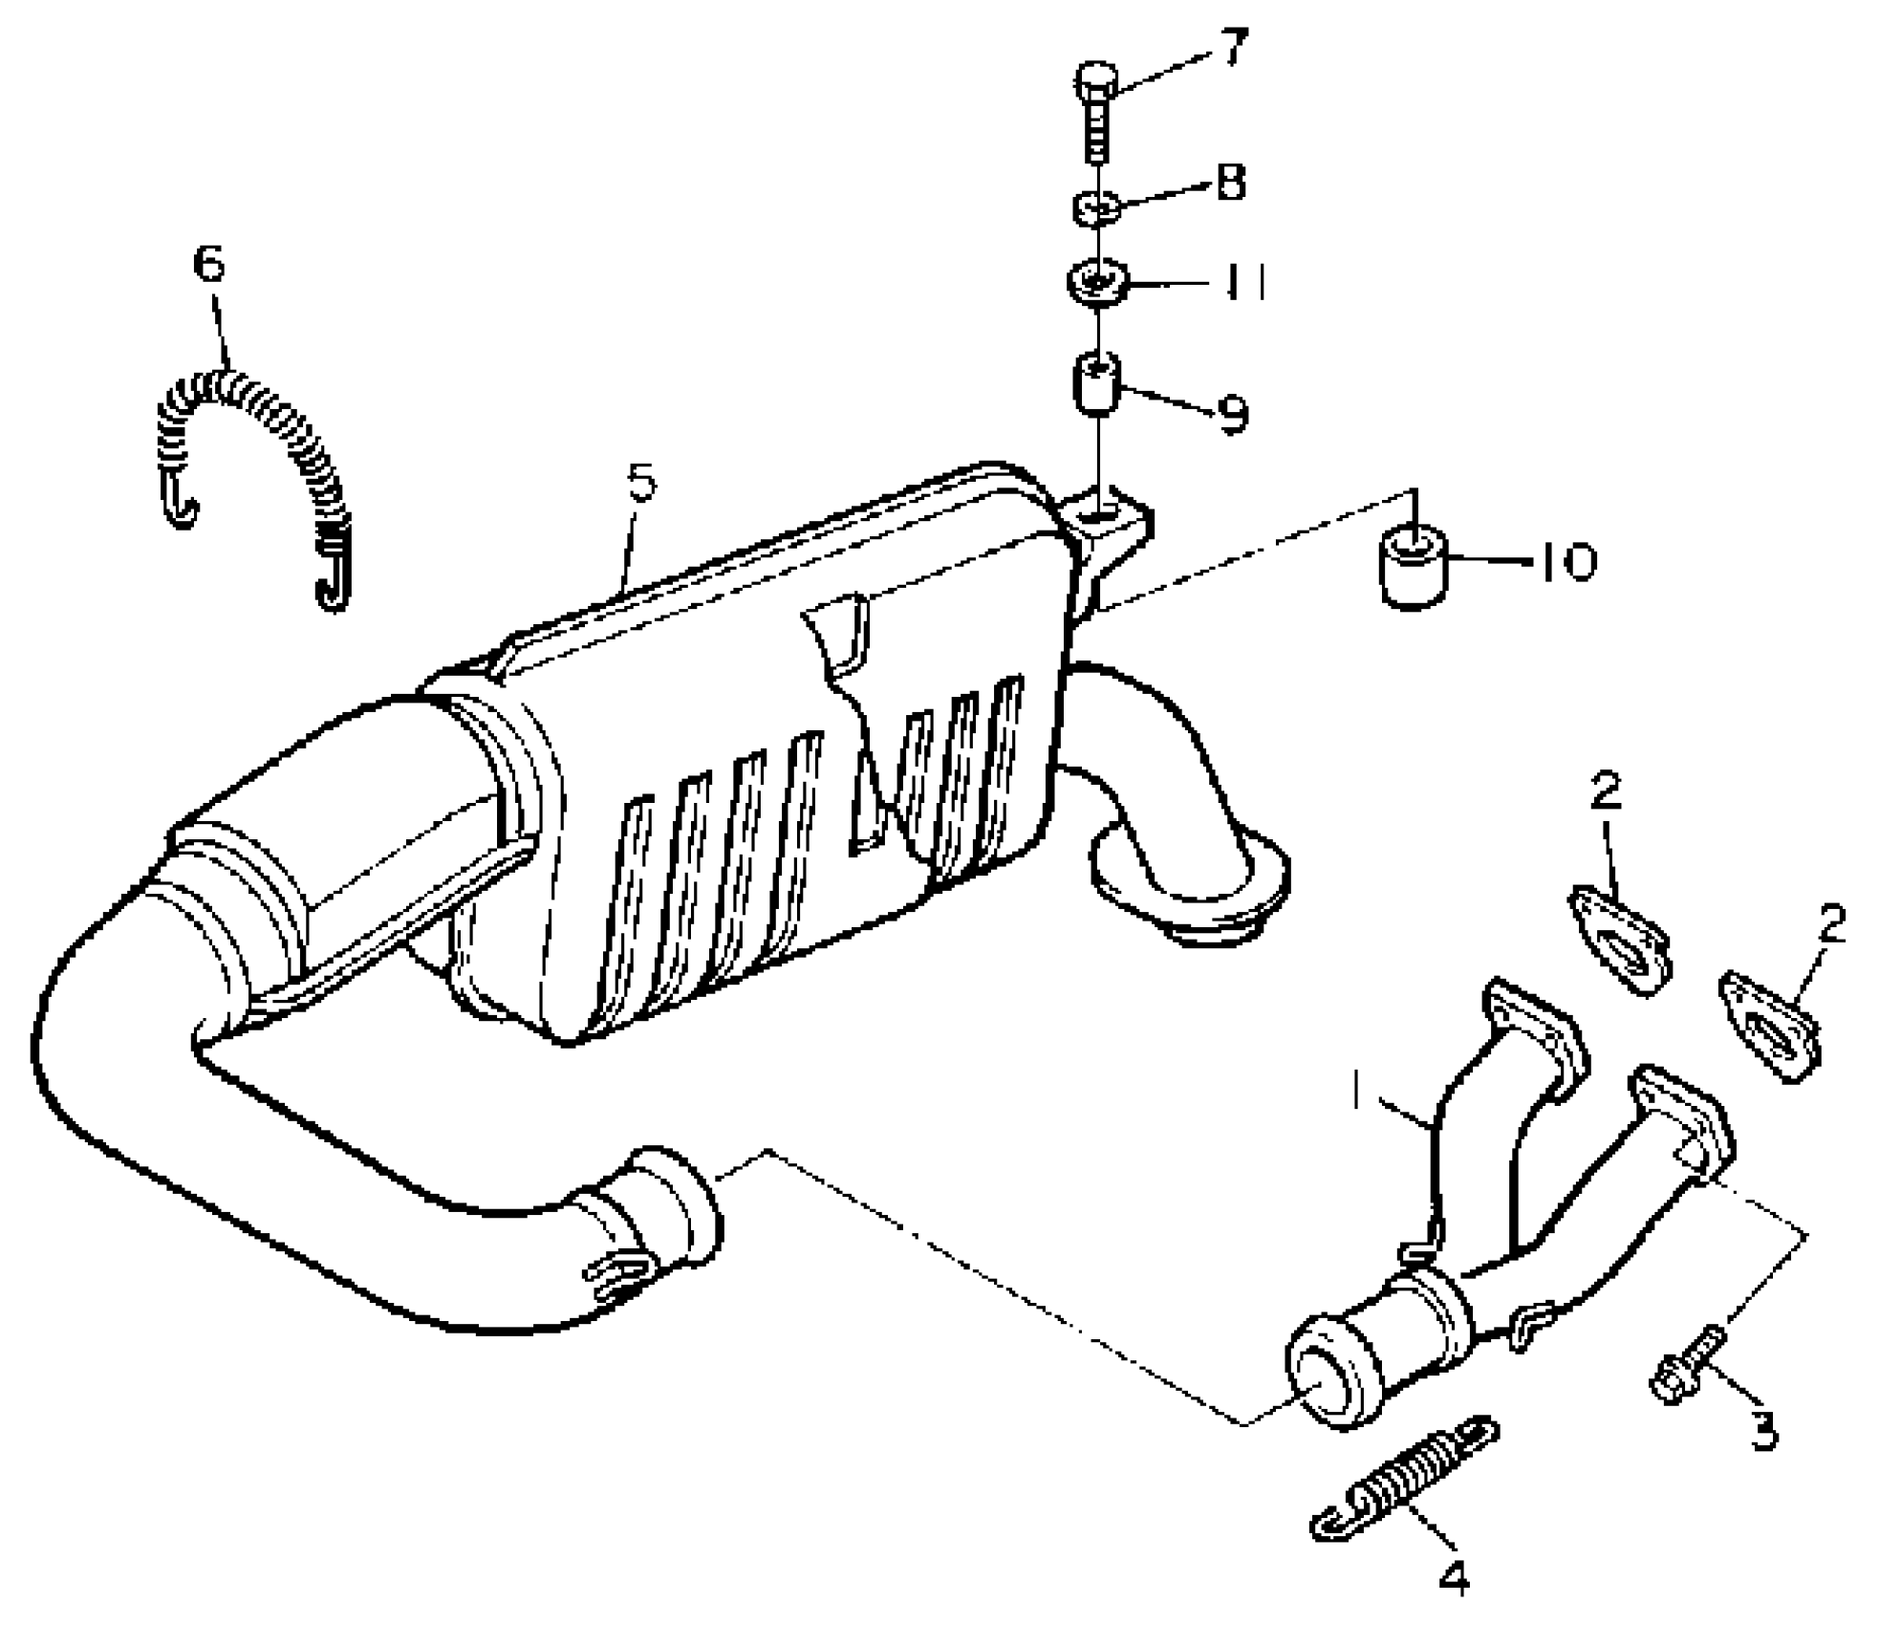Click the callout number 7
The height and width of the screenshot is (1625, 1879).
click(x=1234, y=48)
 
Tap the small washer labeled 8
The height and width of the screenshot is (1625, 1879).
click(x=1097, y=206)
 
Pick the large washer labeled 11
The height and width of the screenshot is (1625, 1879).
click(x=1098, y=282)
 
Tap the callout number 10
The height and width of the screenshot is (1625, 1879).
click(x=1566, y=562)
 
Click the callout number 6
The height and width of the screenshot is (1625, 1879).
click(x=209, y=263)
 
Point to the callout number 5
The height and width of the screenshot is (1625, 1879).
click(x=642, y=483)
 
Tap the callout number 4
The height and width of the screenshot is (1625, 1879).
click(x=1454, y=1576)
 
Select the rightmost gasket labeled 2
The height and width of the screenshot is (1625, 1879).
click(x=1771, y=1029)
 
